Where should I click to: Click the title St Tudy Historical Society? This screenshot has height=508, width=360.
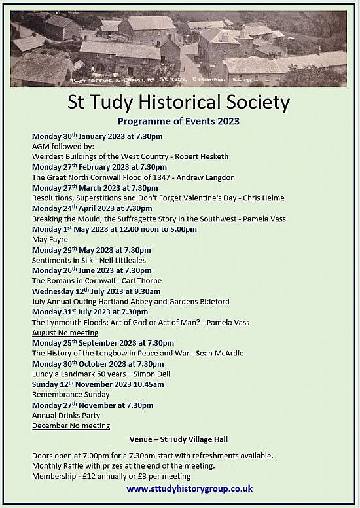(x=179, y=103)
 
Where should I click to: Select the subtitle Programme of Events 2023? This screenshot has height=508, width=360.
(x=179, y=121)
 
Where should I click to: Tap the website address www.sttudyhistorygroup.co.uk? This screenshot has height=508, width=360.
(x=190, y=488)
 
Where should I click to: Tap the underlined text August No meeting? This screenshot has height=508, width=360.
(x=65, y=333)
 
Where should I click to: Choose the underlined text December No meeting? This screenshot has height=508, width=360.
(x=71, y=426)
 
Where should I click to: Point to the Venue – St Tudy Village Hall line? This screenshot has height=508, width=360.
(x=179, y=439)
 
